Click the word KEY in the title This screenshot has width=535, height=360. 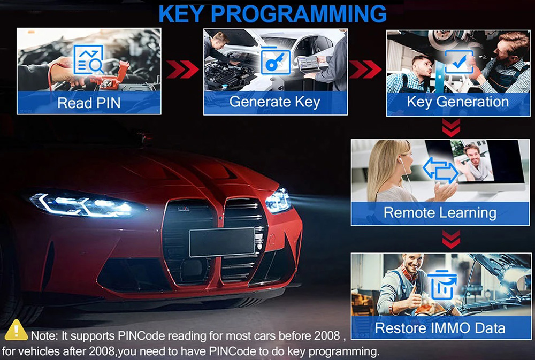click(181, 14)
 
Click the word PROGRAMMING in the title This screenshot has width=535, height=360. click(299, 14)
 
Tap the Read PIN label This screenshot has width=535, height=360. click(89, 103)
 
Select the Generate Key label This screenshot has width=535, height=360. click(274, 102)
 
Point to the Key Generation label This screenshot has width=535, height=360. click(457, 102)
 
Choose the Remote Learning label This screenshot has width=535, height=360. click(440, 212)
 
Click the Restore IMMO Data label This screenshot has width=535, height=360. click(440, 328)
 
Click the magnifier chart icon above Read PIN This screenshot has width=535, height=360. click(88, 59)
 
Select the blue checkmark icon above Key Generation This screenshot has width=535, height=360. click(459, 62)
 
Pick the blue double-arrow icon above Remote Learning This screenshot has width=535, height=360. click(440, 170)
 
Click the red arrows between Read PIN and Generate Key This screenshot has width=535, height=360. click(182, 69)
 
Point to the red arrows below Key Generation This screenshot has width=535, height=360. click(451, 127)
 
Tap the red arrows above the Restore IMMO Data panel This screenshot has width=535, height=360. click(451, 239)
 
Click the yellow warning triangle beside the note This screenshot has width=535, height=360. click(16, 330)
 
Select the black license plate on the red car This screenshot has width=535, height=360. click(222, 242)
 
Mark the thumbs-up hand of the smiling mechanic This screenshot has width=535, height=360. click(414, 297)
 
